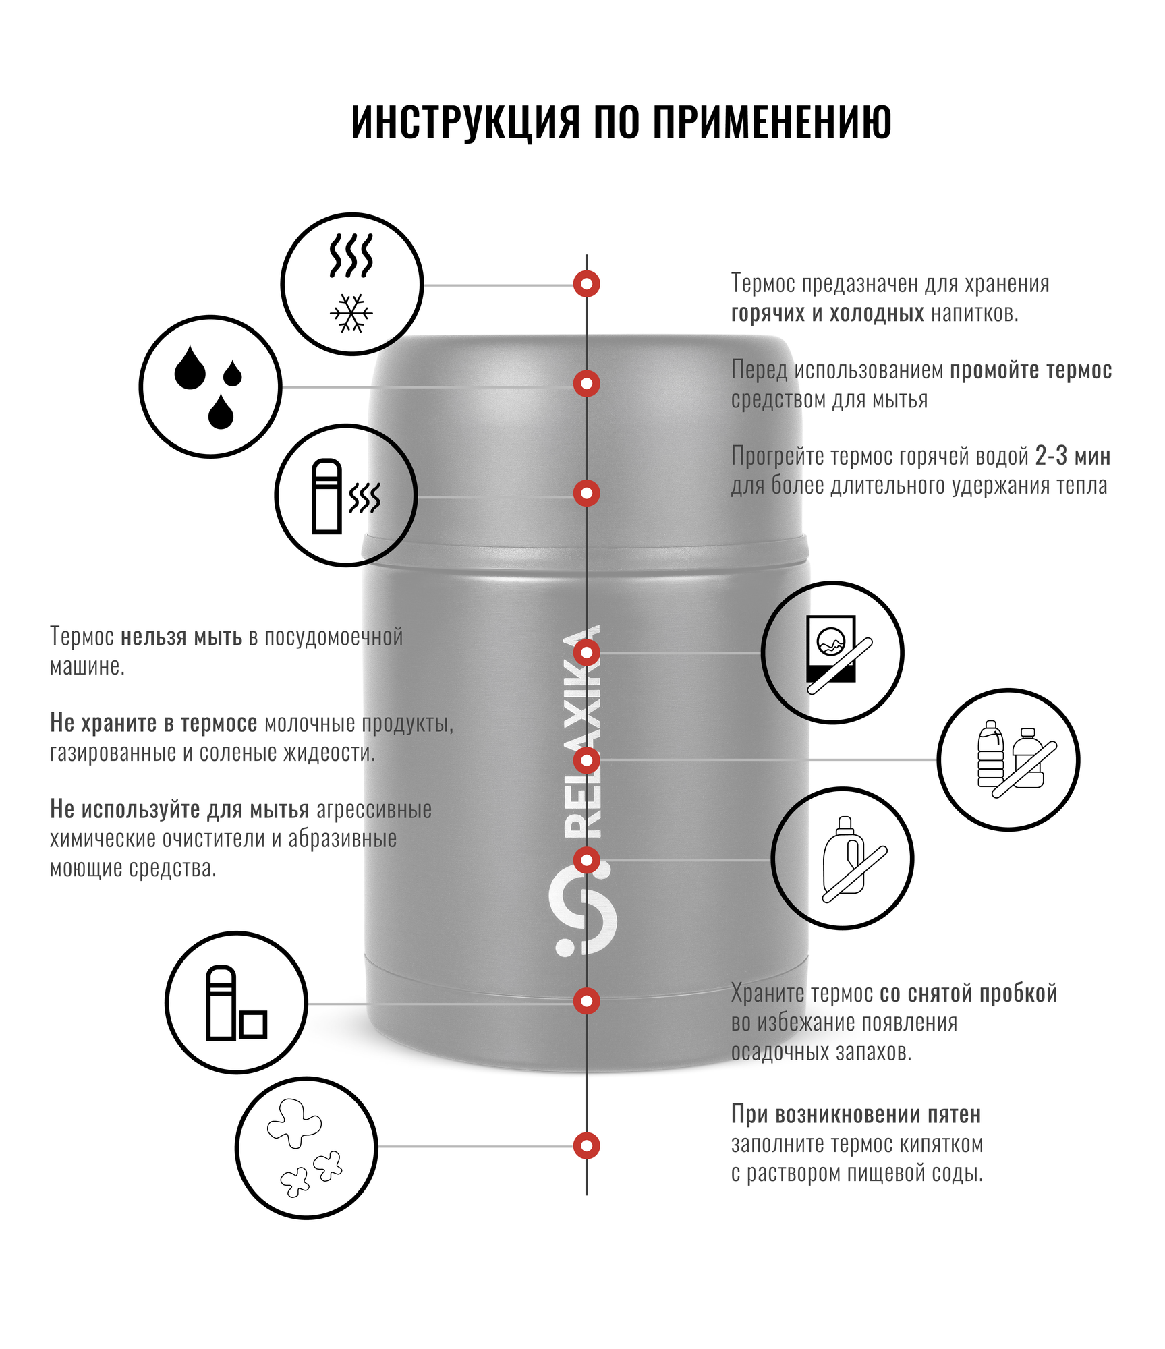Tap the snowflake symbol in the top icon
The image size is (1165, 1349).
(x=351, y=313)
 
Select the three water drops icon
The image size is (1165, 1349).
(x=210, y=387)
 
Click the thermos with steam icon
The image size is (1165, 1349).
(x=345, y=496)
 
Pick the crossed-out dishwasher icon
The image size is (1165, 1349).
(x=832, y=653)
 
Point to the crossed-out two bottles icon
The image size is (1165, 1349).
(x=1008, y=759)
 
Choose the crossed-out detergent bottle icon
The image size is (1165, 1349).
(x=843, y=859)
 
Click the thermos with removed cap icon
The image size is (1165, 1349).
(x=236, y=1003)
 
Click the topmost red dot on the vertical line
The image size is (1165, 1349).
(x=587, y=284)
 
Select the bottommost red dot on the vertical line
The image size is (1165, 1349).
(x=587, y=1145)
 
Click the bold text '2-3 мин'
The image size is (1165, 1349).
(x=1073, y=457)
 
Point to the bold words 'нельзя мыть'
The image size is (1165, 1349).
(x=181, y=637)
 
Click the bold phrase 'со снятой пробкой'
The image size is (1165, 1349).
(x=968, y=994)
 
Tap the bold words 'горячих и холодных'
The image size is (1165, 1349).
(x=827, y=314)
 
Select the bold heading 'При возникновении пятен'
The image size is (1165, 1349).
(x=856, y=1114)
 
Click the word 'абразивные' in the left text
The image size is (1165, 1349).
(x=342, y=839)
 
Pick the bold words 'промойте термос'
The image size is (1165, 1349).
(x=1031, y=370)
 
